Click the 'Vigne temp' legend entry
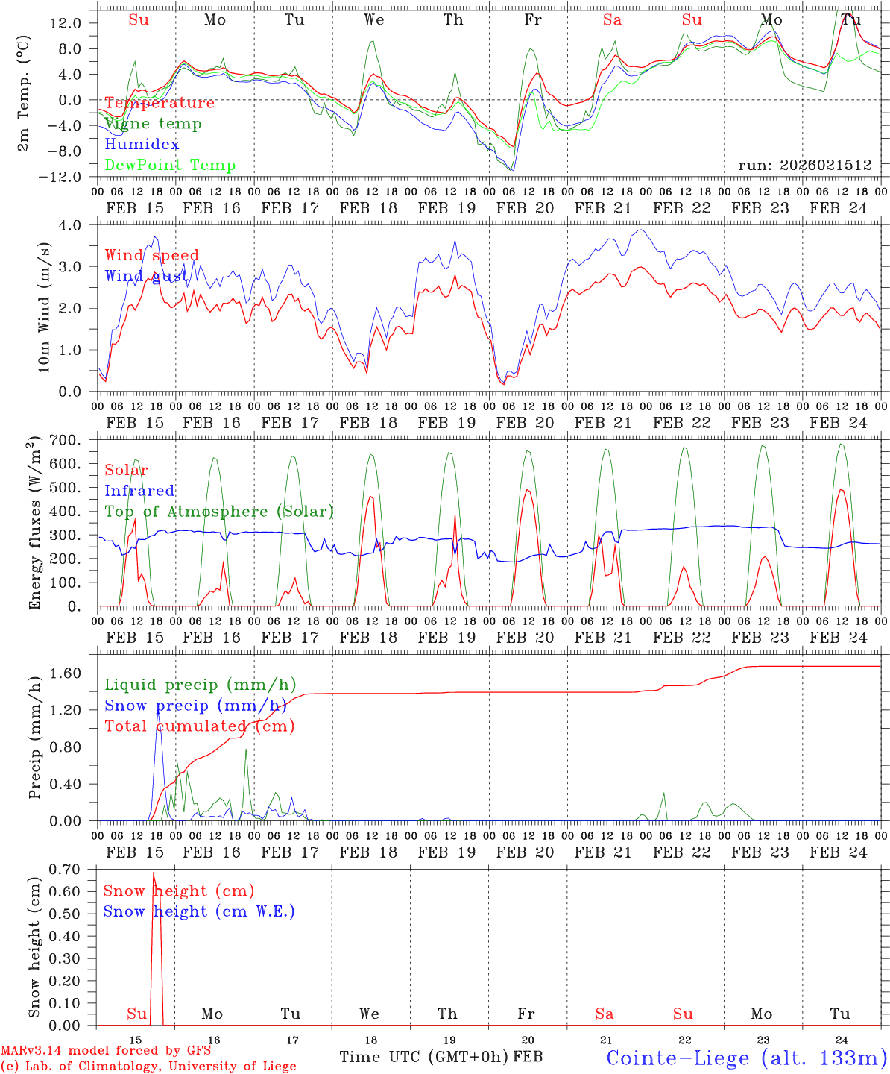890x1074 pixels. coord(153,124)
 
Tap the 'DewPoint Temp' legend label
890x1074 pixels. coord(170,166)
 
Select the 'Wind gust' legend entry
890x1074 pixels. coord(146,277)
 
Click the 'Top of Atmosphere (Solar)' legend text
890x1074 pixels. coord(218,512)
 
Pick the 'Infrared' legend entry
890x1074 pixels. coord(139,491)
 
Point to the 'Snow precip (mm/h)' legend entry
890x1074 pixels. coord(195,706)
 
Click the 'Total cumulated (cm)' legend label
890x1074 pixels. coord(199,726)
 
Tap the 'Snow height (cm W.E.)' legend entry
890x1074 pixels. coord(198,911)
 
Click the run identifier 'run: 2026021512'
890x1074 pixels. coord(804,166)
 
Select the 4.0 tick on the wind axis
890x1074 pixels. coord(69,225)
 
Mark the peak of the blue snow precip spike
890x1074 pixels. coord(157,713)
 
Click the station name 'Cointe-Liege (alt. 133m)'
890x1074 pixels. coord(746,1058)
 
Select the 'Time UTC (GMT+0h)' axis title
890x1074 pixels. coord(423,1057)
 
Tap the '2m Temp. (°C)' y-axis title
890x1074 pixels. coord(24,93)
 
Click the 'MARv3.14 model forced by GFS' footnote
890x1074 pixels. coord(106,1050)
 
